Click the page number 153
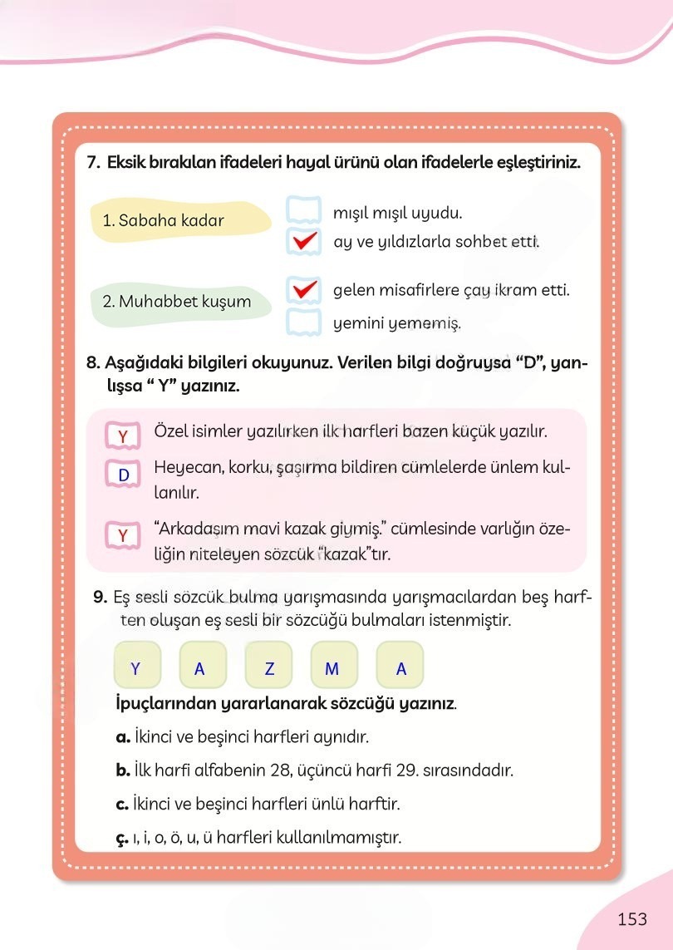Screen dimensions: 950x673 tap(632, 919)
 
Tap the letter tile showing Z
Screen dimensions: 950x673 tap(268, 669)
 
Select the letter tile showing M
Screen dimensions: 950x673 tap(332, 669)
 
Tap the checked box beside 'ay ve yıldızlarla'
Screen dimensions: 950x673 tap(303, 242)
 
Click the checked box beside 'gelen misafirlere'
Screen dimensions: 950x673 tap(303, 290)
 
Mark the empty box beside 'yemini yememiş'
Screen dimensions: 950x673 tap(303, 322)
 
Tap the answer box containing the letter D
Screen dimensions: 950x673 tap(124, 475)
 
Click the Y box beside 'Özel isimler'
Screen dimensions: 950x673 tap(124, 436)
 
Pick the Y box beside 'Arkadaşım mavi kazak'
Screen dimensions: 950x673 tap(124, 535)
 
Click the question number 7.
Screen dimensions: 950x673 tap(93, 162)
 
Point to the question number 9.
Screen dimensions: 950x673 tap(99, 597)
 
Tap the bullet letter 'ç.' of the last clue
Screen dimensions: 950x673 tap(121, 838)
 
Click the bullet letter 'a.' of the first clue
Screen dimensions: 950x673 tap(123, 736)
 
